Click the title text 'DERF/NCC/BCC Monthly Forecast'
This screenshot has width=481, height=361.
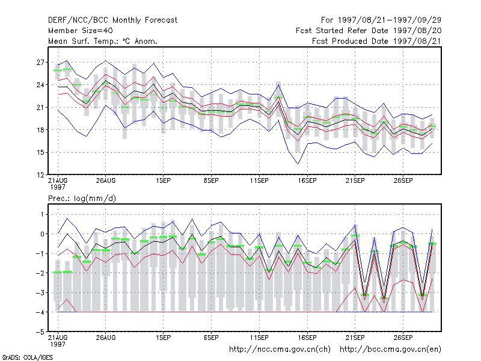(112, 20)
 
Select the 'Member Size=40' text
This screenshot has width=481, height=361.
(81, 31)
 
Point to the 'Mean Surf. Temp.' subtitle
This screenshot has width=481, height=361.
(103, 41)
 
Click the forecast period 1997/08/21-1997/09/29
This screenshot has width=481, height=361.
(381, 20)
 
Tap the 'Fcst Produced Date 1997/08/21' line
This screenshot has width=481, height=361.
(377, 41)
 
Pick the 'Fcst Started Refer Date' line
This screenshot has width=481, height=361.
(369, 31)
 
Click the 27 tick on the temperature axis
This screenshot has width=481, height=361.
(40, 63)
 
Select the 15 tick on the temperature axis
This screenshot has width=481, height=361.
(40, 152)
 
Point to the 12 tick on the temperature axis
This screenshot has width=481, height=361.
(40, 175)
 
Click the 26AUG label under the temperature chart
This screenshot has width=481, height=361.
(106, 180)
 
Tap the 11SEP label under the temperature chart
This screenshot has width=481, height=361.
(259, 180)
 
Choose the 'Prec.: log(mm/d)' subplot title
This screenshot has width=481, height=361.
(82, 199)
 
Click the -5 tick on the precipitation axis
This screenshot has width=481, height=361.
(40, 332)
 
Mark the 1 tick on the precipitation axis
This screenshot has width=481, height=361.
(42, 214)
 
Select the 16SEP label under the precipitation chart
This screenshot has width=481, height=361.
(307, 338)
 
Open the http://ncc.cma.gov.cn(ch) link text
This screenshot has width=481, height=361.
(280, 350)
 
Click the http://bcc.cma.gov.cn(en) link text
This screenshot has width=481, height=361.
(390, 350)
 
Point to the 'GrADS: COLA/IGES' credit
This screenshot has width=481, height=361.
(27, 357)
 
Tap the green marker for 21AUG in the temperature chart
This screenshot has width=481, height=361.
(58, 70)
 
